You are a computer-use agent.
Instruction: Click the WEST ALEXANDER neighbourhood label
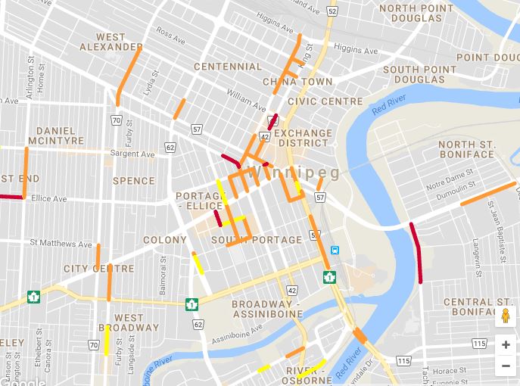point(111,42)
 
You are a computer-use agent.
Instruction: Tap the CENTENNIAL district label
point(228,67)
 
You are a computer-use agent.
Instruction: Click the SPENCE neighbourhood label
point(133,181)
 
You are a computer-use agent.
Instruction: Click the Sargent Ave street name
point(132,154)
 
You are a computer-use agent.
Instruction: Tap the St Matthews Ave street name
point(61,244)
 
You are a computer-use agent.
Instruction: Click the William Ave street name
point(247,101)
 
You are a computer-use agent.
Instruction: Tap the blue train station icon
point(335,252)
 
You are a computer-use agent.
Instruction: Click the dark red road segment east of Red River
point(416,252)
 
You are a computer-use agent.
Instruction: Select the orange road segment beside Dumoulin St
point(487,194)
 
